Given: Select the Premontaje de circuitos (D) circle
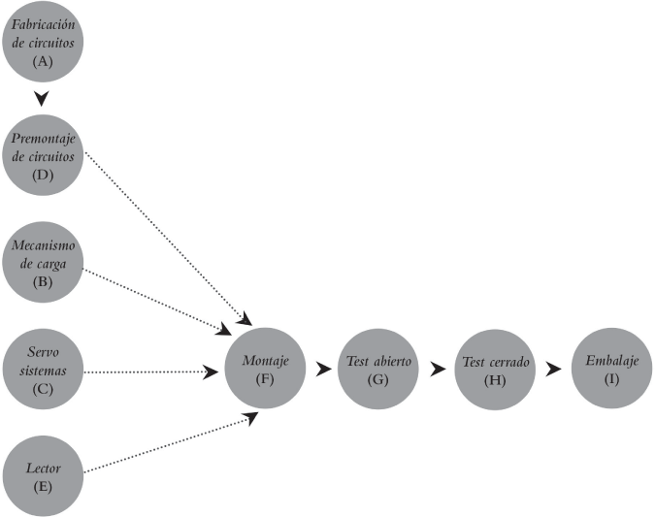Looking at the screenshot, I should click(42, 154).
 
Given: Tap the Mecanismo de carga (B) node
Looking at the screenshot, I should click(42, 262).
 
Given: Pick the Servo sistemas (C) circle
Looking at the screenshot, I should click(42, 370).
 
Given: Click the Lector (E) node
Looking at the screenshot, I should click(42, 474).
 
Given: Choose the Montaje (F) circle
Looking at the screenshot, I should click(266, 368).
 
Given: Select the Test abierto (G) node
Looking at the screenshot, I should click(378, 368).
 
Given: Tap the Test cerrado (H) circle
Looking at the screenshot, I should click(495, 370).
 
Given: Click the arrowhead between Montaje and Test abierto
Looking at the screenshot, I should click(323, 369).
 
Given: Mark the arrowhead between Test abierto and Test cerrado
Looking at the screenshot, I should click(437, 369).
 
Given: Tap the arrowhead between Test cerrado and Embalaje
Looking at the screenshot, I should click(553, 369).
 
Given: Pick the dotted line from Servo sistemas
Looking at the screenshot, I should click(146, 371).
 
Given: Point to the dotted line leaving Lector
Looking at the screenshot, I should click(165, 445).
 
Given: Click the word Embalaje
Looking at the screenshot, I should click(611, 361).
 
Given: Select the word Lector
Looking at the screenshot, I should click(42, 468).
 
